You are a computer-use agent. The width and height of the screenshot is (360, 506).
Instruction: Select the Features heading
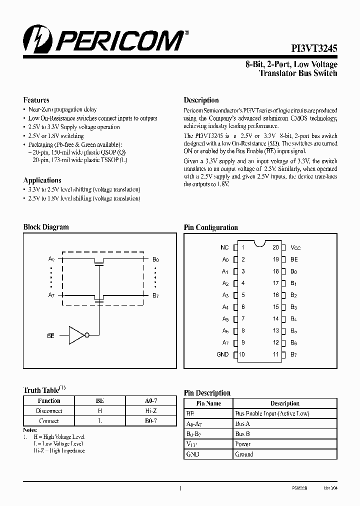(x=36, y=100)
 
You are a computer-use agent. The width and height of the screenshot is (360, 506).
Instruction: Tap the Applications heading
(x=42, y=180)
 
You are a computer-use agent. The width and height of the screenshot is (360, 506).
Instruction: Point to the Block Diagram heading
(x=46, y=227)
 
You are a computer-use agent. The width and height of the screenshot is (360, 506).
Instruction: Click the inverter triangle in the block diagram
(x=77, y=335)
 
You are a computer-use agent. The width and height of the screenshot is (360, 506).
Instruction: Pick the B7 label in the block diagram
(x=155, y=295)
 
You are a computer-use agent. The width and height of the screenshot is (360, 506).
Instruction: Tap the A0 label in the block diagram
(x=51, y=259)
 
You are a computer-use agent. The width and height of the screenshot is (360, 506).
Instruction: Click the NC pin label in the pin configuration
(x=224, y=247)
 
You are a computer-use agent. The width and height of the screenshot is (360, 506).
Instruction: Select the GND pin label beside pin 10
(x=223, y=354)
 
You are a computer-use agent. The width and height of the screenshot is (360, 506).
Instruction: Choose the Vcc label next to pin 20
(x=295, y=247)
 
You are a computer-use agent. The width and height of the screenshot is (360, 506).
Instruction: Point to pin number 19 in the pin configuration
(x=275, y=259)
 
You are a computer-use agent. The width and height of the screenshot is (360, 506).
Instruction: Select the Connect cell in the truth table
(x=49, y=421)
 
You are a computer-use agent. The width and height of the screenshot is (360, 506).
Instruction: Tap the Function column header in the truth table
(x=49, y=401)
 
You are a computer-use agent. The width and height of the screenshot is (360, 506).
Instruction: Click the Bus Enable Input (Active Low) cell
(x=272, y=413)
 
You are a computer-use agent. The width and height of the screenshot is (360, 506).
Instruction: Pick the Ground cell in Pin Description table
(x=244, y=454)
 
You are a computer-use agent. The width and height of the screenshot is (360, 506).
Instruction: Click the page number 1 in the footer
(x=180, y=489)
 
